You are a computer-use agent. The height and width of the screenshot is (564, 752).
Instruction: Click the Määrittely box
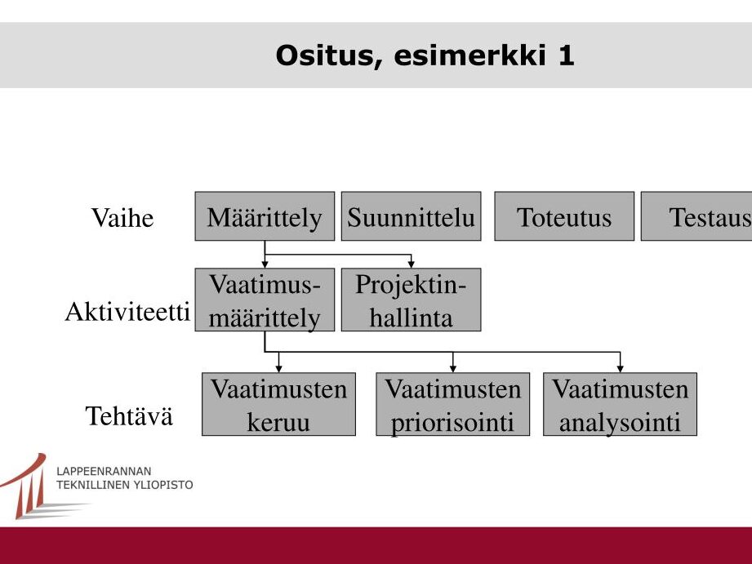(x=265, y=216)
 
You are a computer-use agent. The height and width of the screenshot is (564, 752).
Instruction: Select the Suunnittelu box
(x=411, y=216)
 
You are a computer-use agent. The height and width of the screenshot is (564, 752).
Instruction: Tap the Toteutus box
(x=564, y=216)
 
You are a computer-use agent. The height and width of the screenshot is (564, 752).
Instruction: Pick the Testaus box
(x=696, y=216)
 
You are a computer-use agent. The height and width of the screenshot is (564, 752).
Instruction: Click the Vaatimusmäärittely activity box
(x=265, y=300)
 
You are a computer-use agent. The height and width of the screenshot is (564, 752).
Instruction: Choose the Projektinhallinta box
(x=411, y=300)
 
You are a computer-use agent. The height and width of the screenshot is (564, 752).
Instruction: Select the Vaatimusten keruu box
(x=278, y=404)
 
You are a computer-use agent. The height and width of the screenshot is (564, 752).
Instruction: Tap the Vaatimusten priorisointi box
(x=452, y=404)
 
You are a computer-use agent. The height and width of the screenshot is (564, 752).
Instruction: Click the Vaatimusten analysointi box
(x=620, y=404)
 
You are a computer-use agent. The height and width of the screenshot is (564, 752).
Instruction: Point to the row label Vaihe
(x=122, y=218)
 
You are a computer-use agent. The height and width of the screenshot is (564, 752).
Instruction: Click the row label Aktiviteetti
(x=127, y=312)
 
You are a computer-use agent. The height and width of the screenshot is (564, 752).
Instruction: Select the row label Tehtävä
(x=128, y=415)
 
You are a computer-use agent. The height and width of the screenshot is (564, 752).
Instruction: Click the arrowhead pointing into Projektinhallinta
(x=411, y=264)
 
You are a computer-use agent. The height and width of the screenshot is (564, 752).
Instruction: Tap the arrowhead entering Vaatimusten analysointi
(x=620, y=369)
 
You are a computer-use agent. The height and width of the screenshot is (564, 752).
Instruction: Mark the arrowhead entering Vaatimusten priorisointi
(x=452, y=369)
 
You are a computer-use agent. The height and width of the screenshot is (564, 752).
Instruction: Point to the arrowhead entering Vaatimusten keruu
(x=278, y=369)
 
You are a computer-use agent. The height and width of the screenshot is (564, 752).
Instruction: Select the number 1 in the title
(x=567, y=56)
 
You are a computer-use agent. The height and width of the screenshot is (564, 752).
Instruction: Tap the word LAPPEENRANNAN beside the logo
(x=104, y=471)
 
